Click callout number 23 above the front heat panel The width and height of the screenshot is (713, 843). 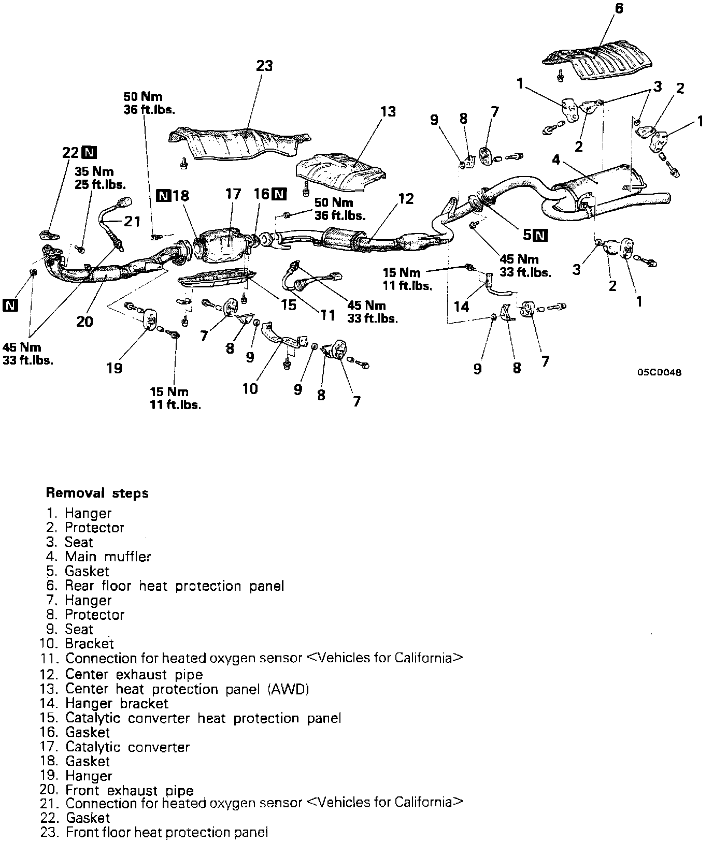(264, 66)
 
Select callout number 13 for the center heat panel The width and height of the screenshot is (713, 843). (388, 111)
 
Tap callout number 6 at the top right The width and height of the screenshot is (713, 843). (619, 9)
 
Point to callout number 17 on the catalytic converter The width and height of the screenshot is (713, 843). (233, 194)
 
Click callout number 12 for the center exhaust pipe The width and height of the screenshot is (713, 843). (406, 198)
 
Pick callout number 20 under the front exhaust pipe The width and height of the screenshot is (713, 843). (84, 322)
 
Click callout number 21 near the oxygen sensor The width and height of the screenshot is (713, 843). (132, 221)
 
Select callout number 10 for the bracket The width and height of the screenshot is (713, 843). (250, 388)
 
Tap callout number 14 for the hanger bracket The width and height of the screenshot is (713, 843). (461, 307)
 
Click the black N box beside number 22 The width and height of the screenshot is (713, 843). (91, 152)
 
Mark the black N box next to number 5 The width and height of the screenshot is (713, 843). (540, 235)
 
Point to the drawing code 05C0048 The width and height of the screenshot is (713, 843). (660, 372)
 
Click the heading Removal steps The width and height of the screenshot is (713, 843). (97, 493)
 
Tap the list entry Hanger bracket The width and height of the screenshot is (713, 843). (117, 703)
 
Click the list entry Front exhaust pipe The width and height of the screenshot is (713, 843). (129, 790)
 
